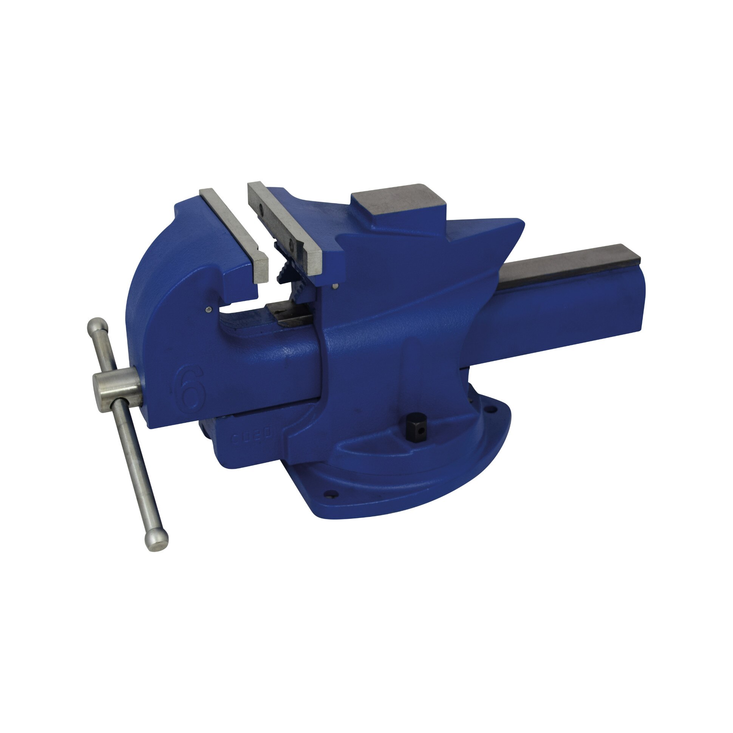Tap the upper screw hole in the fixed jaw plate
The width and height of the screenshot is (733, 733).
pos(261,207)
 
